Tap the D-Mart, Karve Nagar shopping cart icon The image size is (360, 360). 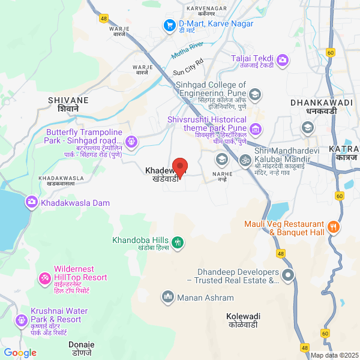170,25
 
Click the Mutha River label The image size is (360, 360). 188,48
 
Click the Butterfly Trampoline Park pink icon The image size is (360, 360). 131,142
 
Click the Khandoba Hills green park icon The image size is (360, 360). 177,242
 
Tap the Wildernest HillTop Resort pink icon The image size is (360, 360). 44,278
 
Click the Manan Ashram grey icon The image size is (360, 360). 167,296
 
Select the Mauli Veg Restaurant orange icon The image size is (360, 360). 334,228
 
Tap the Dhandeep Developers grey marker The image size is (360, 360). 288,275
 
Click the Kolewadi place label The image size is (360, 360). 244,320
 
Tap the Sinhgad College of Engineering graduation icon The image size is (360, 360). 255,94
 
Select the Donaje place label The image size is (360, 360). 82,349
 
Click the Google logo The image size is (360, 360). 20,353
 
